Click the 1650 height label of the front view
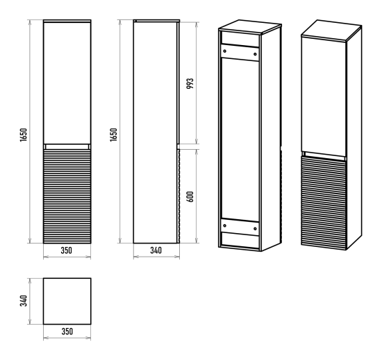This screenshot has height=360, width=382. pos(24,135)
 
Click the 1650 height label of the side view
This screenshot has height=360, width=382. pos(113,135)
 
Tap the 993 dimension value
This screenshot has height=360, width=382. pos(190,83)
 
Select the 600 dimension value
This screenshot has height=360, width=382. pos(190,197)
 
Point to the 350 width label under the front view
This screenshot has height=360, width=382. pos(67,250)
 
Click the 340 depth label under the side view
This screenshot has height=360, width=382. pos(156,250)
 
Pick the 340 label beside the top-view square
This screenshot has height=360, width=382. pos(24,301)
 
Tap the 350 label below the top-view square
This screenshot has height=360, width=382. pos(67,332)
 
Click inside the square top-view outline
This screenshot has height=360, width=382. pos(67,301)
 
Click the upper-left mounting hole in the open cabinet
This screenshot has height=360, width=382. pos(224,51)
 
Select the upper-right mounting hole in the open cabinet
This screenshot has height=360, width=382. pos(255,54)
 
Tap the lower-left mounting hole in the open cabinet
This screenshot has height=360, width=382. pos(224,225)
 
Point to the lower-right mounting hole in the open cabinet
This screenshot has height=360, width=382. pos(255,228)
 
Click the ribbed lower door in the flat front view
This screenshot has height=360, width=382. pos(67,196)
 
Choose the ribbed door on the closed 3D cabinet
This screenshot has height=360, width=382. pos(324,203)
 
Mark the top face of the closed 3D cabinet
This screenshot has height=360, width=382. pos(331,30)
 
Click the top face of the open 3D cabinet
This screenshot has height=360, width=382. pos(250,26)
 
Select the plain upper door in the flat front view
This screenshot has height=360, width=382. pos(67,83)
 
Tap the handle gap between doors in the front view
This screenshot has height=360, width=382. pos(67,146)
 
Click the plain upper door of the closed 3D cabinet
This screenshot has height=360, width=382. pos(324,96)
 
